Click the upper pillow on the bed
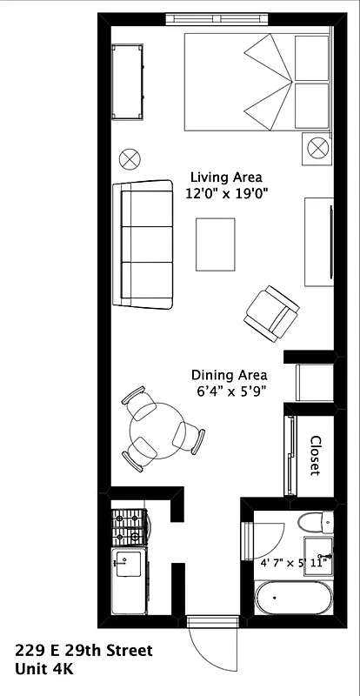point(312,57)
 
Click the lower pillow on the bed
point(312,106)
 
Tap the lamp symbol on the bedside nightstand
point(313,150)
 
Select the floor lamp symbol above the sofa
point(130,157)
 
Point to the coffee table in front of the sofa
point(215,244)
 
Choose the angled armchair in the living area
point(272,312)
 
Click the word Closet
point(315,455)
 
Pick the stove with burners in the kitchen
point(130,527)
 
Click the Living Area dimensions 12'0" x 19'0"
point(226,195)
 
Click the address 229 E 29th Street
point(83,651)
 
